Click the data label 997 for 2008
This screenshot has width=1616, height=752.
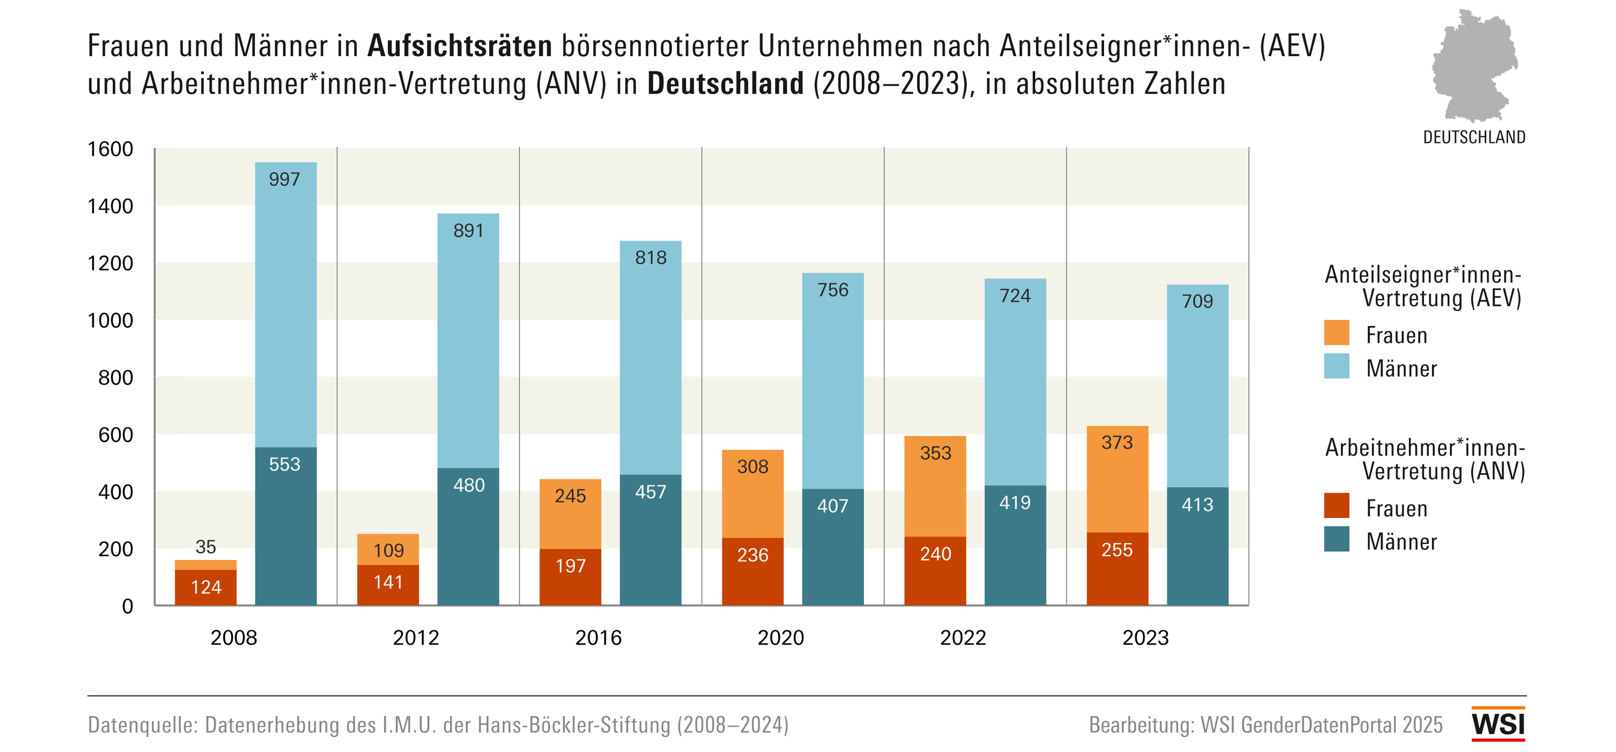[284, 180]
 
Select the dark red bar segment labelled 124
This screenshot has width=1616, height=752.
[206, 587]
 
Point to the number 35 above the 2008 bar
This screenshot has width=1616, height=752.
[206, 547]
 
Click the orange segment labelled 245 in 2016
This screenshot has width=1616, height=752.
[570, 513]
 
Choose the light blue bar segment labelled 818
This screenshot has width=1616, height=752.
[651, 357]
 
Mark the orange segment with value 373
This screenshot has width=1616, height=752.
[1117, 479]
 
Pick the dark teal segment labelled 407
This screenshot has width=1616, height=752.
[832, 546]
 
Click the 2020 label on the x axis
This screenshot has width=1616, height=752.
[780, 638]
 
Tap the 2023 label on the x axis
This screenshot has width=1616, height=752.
[1145, 638]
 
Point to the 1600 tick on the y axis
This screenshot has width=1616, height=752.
[111, 149]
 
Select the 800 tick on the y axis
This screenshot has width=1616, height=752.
[116, 378]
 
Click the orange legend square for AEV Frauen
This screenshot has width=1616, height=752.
[1336, 332]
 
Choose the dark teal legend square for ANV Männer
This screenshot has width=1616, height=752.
[1336, 539]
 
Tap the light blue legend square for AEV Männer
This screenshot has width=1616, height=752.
[1336, 366]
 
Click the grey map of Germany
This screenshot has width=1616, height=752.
[1474, 66]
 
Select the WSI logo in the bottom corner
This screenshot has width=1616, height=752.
[1498, 725]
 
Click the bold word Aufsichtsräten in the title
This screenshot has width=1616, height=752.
[459, 46]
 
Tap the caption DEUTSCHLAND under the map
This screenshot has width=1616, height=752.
[1473, 137]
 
